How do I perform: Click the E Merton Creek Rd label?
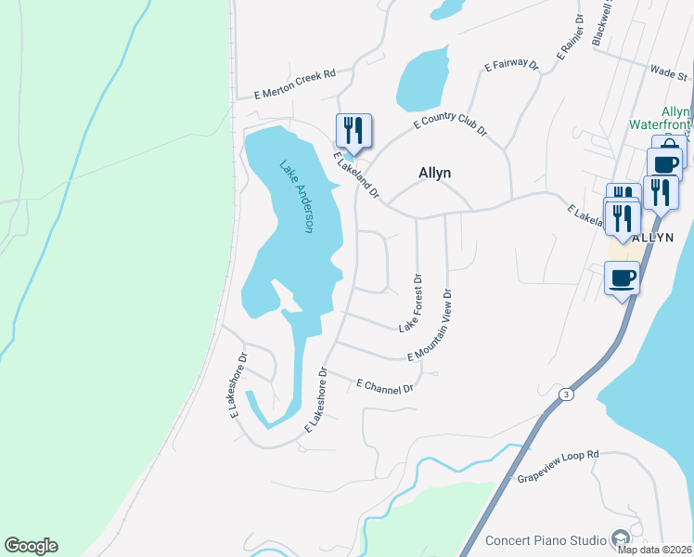[295, 84]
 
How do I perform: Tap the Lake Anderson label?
[298, 197]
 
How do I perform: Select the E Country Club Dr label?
[450, 123]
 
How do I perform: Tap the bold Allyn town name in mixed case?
[435, 173]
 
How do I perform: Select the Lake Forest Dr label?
[411, 303]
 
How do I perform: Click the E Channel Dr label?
[385, 386]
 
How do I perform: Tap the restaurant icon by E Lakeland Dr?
[353, 130]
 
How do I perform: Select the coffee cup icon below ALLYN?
[622, 277]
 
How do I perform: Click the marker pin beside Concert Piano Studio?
[620, 539]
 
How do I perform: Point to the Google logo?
[31, 546]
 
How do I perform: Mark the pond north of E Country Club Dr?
[422, 82]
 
